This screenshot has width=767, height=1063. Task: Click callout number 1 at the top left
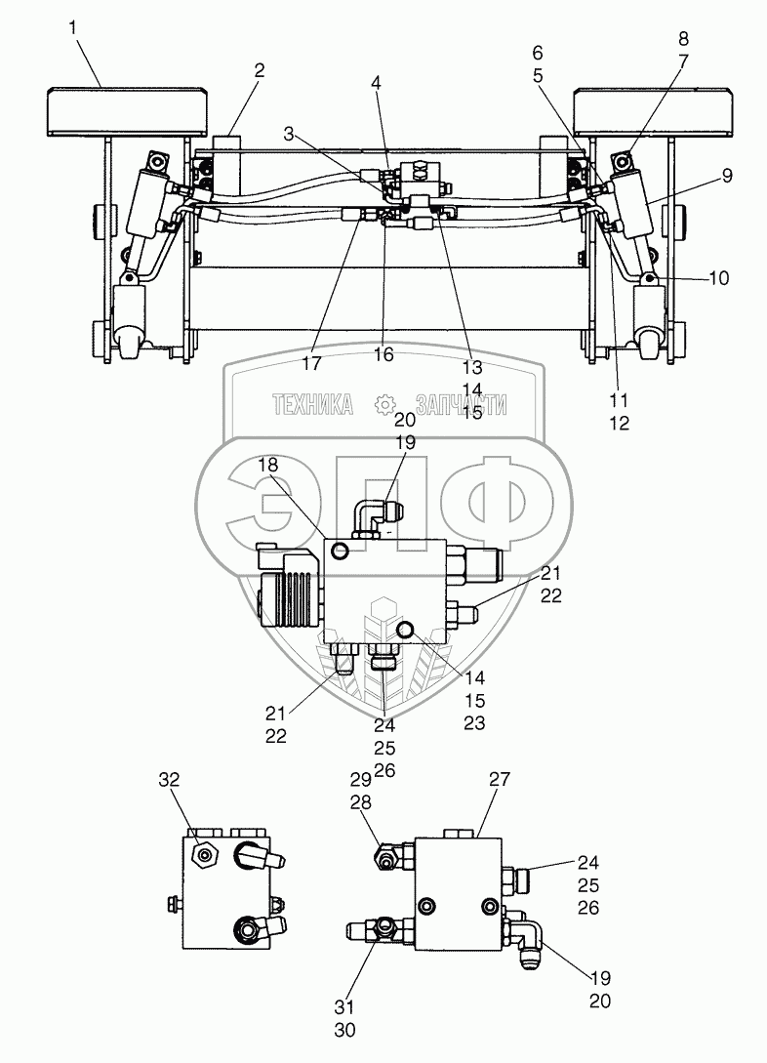73,28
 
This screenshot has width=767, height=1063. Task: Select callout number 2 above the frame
259,70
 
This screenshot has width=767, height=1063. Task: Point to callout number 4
376,84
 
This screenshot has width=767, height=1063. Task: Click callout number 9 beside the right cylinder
726,176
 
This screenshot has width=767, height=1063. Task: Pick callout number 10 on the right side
719,278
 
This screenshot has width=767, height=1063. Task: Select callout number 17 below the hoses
311,364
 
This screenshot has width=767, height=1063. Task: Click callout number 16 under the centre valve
383,355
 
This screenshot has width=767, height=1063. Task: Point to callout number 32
170,779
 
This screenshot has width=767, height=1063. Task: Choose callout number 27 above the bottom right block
500,779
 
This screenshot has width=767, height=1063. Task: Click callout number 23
473,723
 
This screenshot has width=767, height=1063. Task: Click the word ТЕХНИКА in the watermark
311,405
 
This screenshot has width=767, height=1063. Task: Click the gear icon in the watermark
385,404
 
